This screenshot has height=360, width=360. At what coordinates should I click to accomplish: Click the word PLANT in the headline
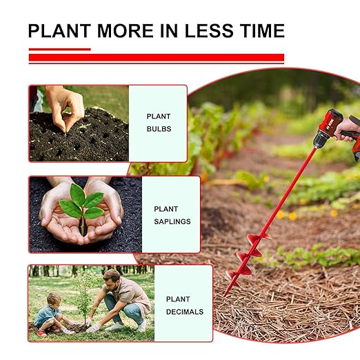tap(60, 31)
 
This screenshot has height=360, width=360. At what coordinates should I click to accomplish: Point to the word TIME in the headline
tap(261, 31)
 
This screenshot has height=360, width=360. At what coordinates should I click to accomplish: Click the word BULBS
tap(159, 129)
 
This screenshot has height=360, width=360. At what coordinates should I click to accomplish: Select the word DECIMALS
tap(184, 312)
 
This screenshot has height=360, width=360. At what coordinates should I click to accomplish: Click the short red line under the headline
tap(59, 49)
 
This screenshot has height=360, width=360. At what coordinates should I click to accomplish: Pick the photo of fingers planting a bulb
tap(78, 123)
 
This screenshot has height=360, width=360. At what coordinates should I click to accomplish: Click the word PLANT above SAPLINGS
tap(166, 209)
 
